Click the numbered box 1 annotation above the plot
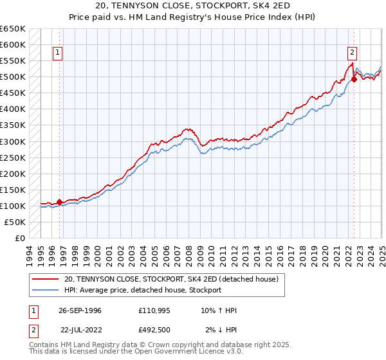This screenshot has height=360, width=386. pyautogui.click(x=58, y=53)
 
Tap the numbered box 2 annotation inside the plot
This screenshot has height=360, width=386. pyautogui.click(x=353, y=53)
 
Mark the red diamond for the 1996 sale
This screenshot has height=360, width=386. pyautogui.click(x=59, y=202)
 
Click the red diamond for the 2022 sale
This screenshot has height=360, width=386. pyautogui.click(x=354, y=80)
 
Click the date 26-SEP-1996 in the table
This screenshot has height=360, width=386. pyautogui.click(x=80, y=310)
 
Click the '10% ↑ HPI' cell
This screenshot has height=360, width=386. pyautogui.click(x=219, y=310)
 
